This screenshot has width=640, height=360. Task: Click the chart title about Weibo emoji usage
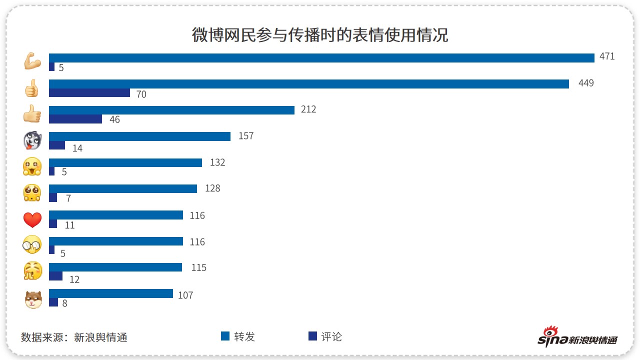(320, 35)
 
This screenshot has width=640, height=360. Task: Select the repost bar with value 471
(321, 57)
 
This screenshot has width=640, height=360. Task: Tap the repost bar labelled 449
(309, 84)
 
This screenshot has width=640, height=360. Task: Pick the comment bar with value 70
(89, 92)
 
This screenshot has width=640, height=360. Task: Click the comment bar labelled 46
(75, 119)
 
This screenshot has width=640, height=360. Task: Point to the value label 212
(308, 109)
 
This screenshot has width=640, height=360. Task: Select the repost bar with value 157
(139, 136)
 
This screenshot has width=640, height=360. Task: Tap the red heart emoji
(32, 220)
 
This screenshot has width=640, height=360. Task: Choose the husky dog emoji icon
(32, 141)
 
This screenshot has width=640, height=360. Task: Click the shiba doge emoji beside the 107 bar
(33, 299)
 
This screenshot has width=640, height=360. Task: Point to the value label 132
(217, 162)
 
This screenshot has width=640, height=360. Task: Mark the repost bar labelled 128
(123, 188)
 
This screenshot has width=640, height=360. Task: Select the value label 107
(185, 295)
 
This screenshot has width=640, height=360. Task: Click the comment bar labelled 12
(55, 276)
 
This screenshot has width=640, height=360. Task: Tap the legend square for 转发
(225, 336)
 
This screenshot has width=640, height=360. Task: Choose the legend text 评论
(331, 337)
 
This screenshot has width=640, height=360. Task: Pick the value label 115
(199, 268)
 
